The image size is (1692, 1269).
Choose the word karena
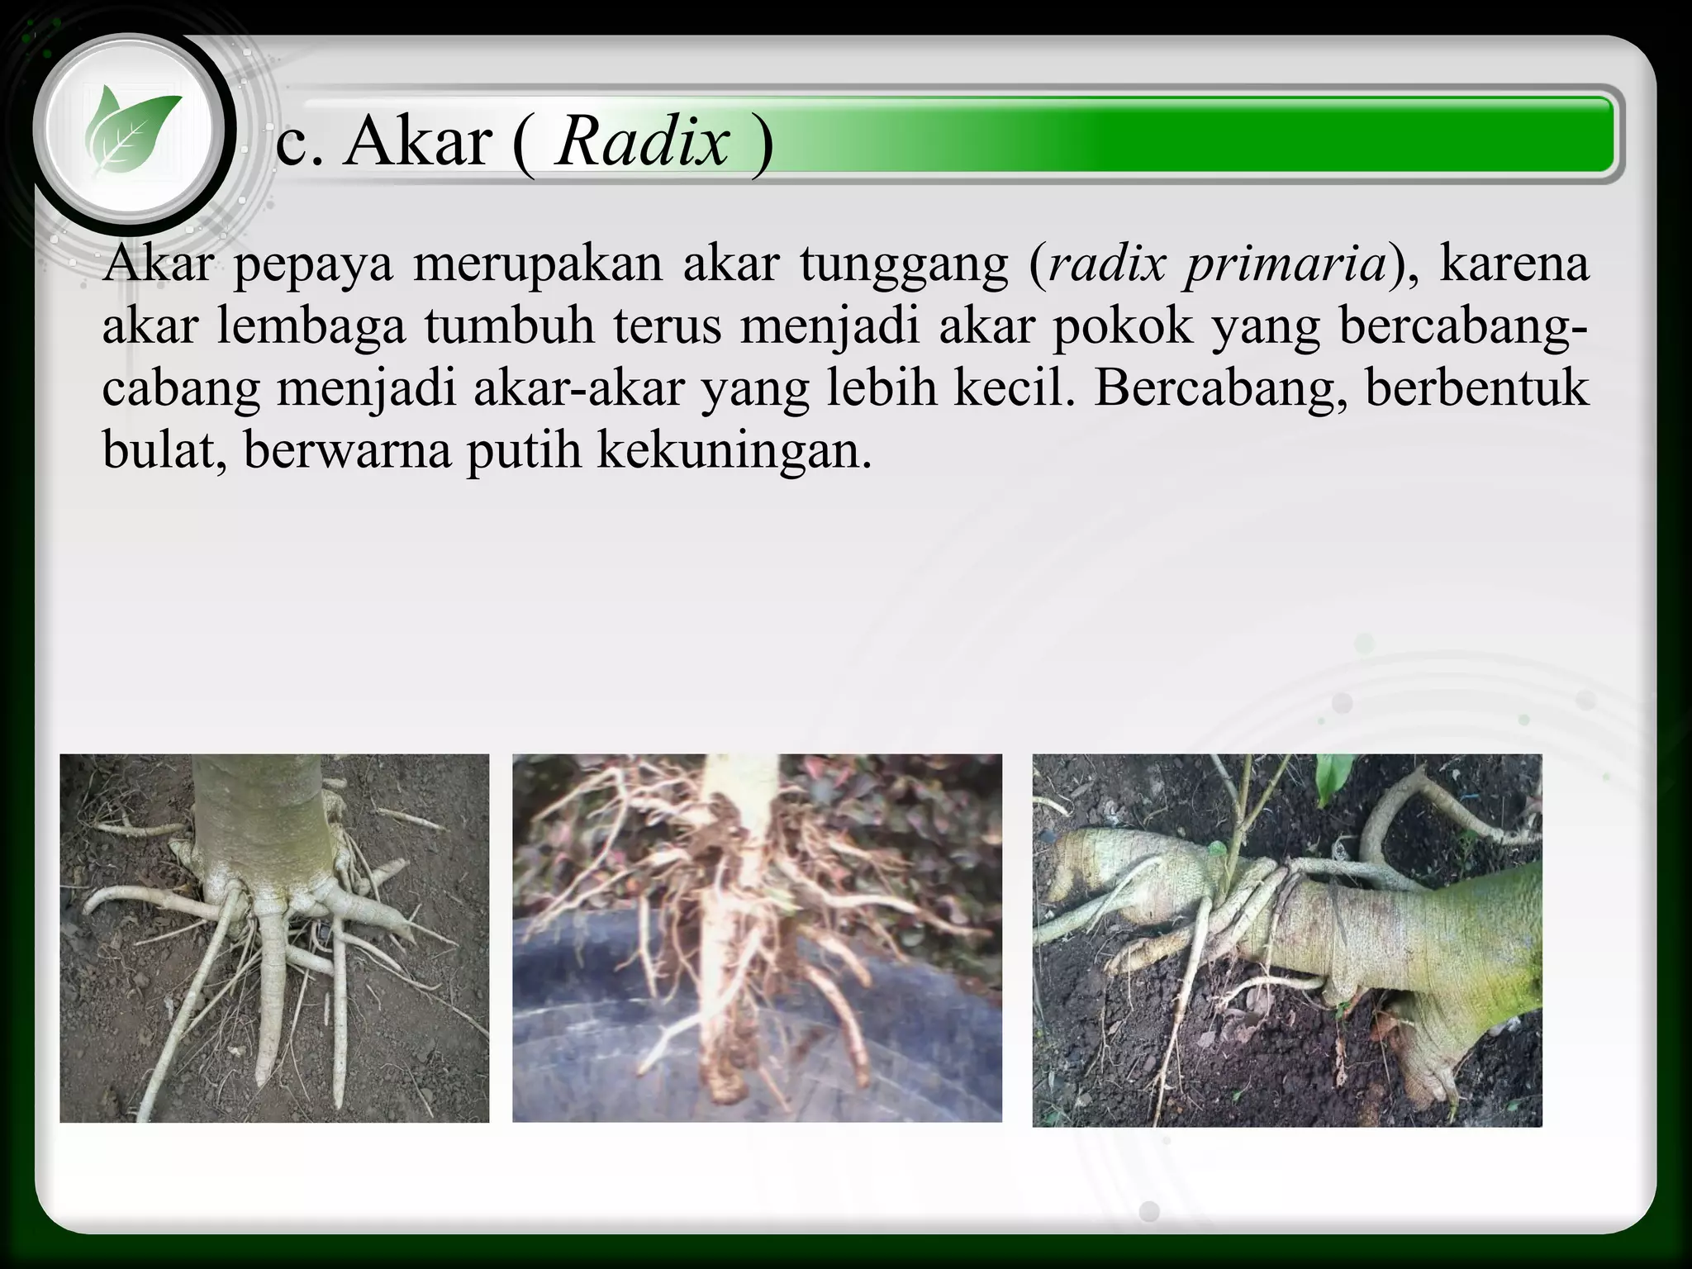(1514, 264)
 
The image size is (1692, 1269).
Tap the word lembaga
(311, 327)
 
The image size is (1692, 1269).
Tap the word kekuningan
(734, 451)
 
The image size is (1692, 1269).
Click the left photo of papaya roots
(274, 938)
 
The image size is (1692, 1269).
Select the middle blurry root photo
(757, 938)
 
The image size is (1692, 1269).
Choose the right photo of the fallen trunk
(1286, 939)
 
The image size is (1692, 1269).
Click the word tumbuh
(510, 327)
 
